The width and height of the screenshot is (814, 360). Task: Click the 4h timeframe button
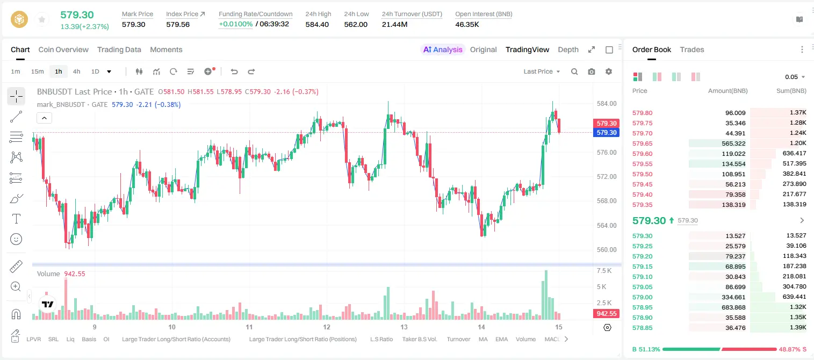tap(76, 71)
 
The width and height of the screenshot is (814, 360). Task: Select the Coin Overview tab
tap(63, 49)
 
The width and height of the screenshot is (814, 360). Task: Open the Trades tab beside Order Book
tap(692, 49)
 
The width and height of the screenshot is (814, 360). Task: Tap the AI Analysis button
tap(443, 49)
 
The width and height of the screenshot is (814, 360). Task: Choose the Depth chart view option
tap(568, 49)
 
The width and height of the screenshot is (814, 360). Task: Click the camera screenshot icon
tap(592, 71)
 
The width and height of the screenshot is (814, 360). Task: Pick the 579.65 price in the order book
tap(642, 143)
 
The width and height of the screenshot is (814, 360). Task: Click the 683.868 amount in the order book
tap(733, 307)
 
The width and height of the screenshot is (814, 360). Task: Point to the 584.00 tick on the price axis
tap(607, 104)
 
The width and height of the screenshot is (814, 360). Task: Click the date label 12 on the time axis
tap(327, 327)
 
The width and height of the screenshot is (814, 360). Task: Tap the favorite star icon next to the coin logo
tap(42, 19)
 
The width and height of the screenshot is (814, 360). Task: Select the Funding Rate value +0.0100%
tap(235, 24)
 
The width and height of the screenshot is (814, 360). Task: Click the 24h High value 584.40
tap(317, 24)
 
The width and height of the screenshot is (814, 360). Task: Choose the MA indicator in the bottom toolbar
tap(483, 339)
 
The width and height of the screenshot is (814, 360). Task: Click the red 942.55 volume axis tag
tap(606, 313)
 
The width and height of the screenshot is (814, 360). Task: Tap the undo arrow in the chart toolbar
tap(234, 71)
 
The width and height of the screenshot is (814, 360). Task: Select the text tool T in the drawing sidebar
tap(16, 219)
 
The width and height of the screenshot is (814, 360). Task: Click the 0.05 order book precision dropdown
tap(795, 77)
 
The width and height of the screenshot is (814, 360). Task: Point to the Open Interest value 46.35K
tap(467, 24)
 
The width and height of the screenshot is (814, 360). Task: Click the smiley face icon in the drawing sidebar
tap(16, 239)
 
